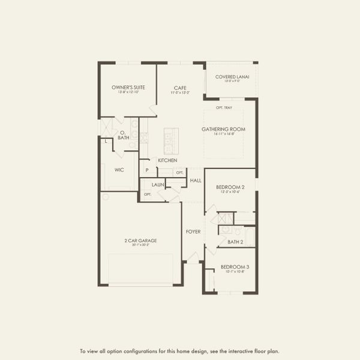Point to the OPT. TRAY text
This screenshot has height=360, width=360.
pyautogui.click(x=224, y=108)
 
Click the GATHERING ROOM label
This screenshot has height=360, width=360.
pyautogui.click(x=223, y=129)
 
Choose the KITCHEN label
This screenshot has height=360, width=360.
pyautogui.click(x=167, y=160)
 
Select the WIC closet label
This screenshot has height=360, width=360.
pyautogui.click(x=119, y=170)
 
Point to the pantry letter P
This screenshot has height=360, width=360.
pyautogui.click(x=147, y=170)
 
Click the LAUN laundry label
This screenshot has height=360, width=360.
pyautogui.click(x=158, y=185)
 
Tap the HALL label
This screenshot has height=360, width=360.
pyautogui.click(x=196, y=180)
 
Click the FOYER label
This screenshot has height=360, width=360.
pyautogui.click(x=193, y=232)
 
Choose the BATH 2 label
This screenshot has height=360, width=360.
pyautogui.click(x=235, y=242)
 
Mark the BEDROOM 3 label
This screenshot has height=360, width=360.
pyautogui.click(x=235, y=267)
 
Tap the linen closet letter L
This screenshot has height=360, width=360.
pyautogui.click(x=106, y=142)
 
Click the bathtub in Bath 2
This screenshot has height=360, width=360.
pyautogui.click(x=250, y=236)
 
